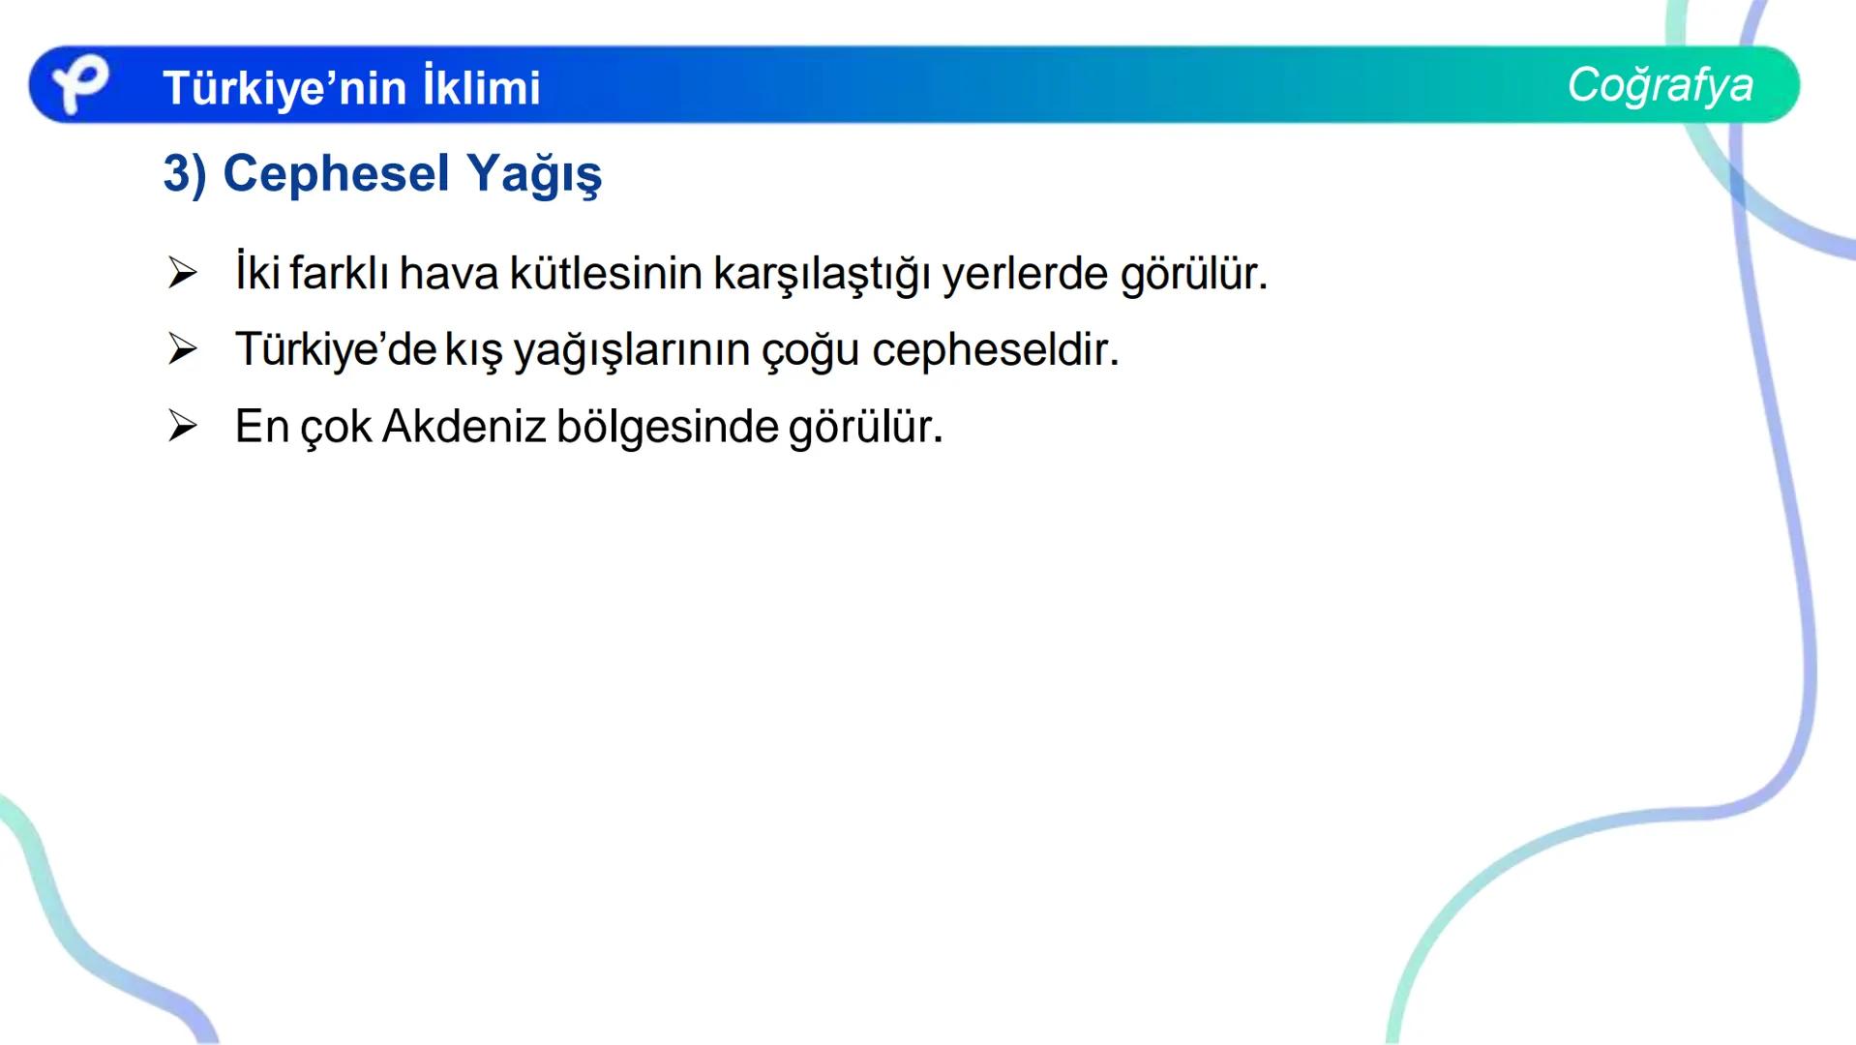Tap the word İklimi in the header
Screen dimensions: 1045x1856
pyautogui.click(x=481, y=88)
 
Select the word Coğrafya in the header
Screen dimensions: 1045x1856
pyautogui.click(x=1660, y=85)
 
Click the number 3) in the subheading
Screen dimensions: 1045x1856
pyautogui.click(x=185, y=175)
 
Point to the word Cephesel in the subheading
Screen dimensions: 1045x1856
pyautogui.click(x=336, y=175)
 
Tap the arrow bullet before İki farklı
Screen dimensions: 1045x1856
pyautogui.click(x=182, y=273)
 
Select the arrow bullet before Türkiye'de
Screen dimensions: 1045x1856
pyautogui.click(x=182, y=349)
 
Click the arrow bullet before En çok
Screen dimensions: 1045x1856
pyautogui.click(x=182, y=426)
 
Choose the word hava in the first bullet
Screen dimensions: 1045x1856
pyautogui.click(x=448, y=273)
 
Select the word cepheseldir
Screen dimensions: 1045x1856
pyautogui.click(x=995, y=350)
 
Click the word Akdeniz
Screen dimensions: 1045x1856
pyautogui.click(x=464, y=427)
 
